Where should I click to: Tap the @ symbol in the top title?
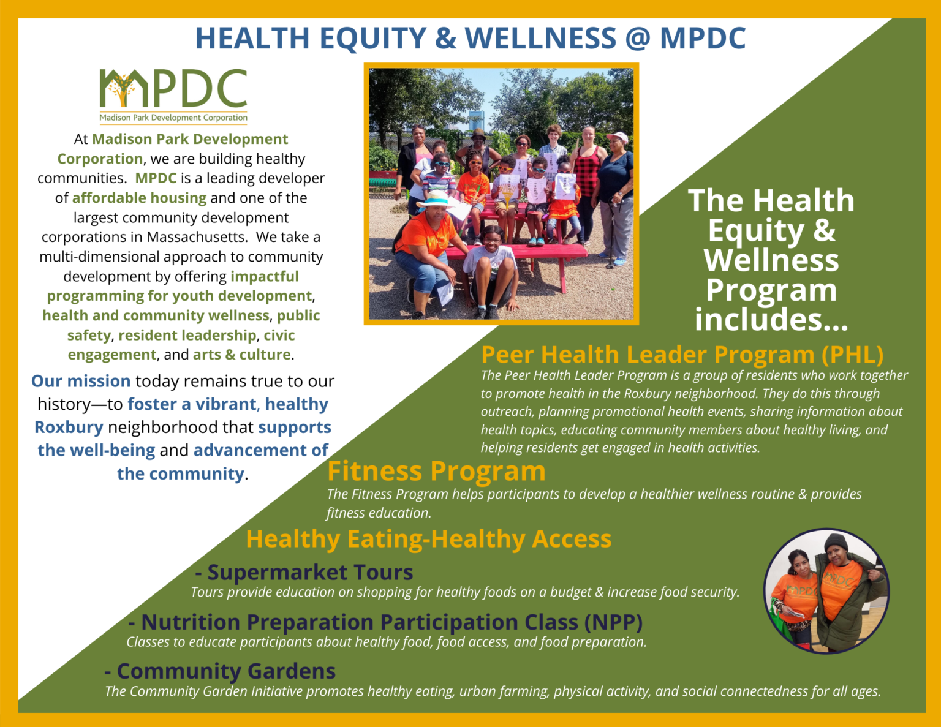point(637,38)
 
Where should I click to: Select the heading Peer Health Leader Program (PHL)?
point(682,355)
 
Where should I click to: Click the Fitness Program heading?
point(436,471)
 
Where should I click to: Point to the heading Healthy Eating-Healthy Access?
point(428,539)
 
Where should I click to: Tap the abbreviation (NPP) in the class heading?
point(613,622)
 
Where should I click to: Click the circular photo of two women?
point(826,590)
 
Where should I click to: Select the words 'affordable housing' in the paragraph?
point(139,198)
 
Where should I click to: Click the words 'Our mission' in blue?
point(81,381)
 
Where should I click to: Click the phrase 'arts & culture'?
point(242,355)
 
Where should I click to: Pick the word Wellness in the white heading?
point(771,260)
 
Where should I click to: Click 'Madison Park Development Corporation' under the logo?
point(173,118)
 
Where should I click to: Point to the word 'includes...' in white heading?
point(771,319)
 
